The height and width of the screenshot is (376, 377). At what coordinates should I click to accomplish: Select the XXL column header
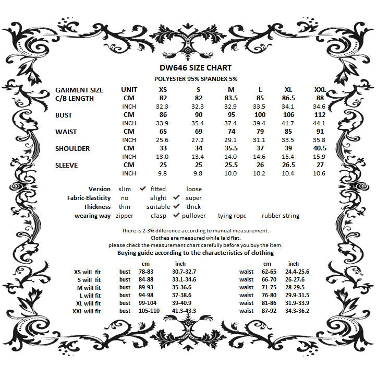pyautogui.click(x=320, y=90)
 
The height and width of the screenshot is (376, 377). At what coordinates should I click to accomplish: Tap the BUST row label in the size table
pyautogui.click(x=64, y=115)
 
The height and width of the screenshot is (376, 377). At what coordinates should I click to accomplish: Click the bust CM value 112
pyautogui.click(x=320, y=115)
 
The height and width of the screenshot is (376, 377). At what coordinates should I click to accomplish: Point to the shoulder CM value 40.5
pyautogui.click(x=320, y=148)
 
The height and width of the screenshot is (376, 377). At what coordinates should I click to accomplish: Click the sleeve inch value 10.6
pyautogui.click(x=320, y=173)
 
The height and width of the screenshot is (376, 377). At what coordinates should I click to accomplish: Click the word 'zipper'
pyautogui.click(x=125, y=215)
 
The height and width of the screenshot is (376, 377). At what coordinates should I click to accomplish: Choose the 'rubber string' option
pyautogui.click(x=280, y=215)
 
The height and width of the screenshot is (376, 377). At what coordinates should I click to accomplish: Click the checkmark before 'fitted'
pyautogui.click(x=142, y=189)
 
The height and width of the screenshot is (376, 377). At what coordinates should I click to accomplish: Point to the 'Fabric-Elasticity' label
pyautogui.click(x=89, y=198)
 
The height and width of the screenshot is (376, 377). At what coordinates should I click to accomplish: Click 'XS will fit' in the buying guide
pyautogui.click(x=88, y=272)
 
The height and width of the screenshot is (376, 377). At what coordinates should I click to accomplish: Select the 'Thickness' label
pyautogui.click(x=97, y=207)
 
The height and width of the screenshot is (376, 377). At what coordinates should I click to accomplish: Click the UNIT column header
pyautogui.click(x=129, y=90)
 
